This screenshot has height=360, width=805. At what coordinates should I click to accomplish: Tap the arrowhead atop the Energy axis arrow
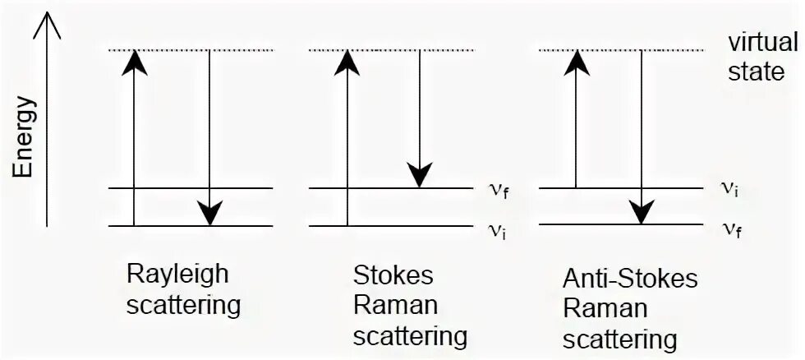[48, 25]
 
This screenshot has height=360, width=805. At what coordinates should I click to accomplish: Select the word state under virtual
[757, 72]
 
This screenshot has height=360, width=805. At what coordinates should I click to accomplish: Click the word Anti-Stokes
[630, 279]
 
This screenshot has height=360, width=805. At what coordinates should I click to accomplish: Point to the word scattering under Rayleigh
[183, 306]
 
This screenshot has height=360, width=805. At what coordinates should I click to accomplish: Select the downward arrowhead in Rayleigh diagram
[210, 214]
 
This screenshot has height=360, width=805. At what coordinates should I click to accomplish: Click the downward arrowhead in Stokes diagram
[420, 176]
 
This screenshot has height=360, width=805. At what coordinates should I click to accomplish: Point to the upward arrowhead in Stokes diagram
[347, 62]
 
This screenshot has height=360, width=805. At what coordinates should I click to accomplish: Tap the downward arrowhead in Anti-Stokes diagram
[641, 212]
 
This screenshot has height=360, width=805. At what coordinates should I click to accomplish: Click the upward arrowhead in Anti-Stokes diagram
[577, 62]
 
